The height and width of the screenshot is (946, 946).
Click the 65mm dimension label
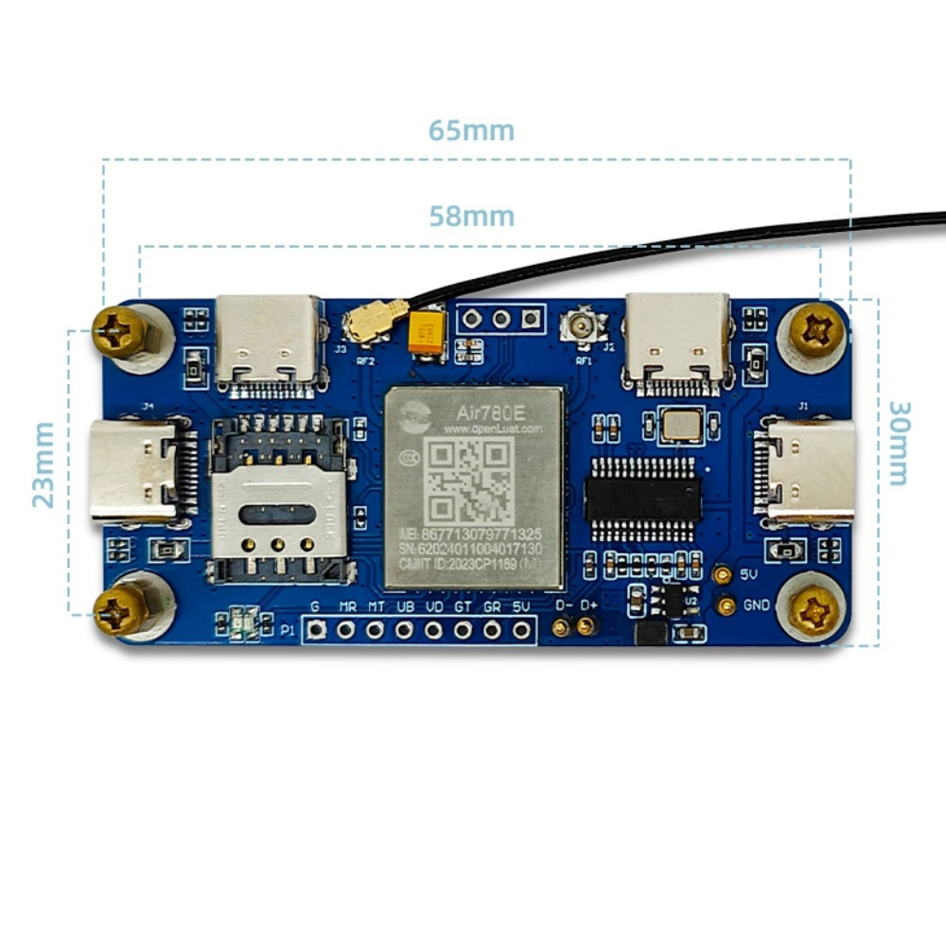click(471, 130)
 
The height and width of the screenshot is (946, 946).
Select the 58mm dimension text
click(471, 217)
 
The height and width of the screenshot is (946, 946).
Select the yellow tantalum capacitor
click(426, 337)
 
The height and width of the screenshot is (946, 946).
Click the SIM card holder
click(280, 499)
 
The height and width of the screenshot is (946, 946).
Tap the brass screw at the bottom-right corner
click(815, 612)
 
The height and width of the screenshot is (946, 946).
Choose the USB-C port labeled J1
click(809, 471)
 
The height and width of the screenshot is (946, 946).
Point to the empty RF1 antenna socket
click(578, 327)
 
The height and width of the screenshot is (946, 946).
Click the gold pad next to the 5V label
click(723, 575)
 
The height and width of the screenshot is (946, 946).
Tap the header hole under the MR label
click(346, 629)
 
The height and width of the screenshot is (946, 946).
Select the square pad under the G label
click(317, 629)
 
